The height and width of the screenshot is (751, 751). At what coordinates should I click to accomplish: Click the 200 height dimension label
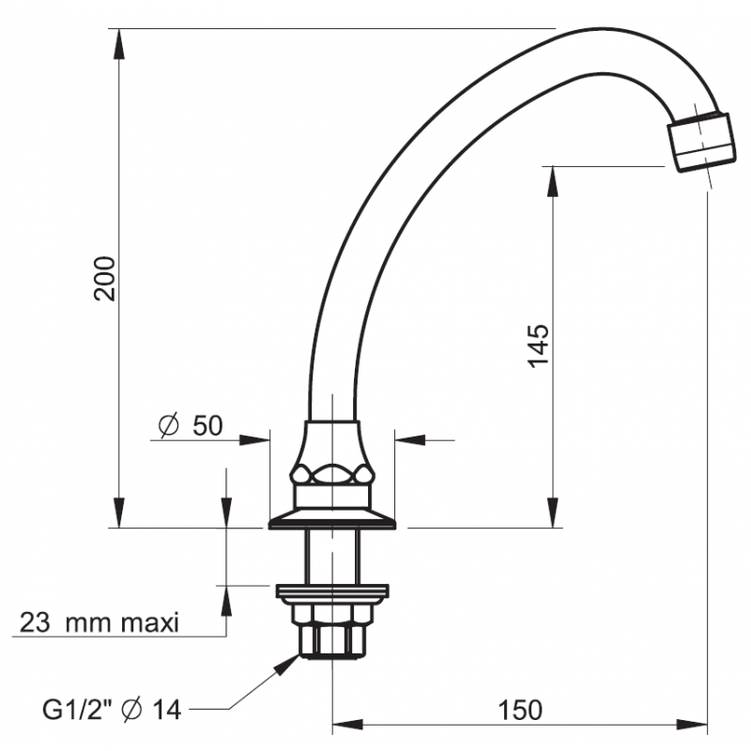[107, 277]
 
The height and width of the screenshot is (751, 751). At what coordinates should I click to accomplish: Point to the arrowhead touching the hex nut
[288, 661]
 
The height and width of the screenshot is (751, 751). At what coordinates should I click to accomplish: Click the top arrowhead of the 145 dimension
[552, 178]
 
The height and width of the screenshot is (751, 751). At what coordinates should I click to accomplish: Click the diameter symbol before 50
[169, 426]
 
